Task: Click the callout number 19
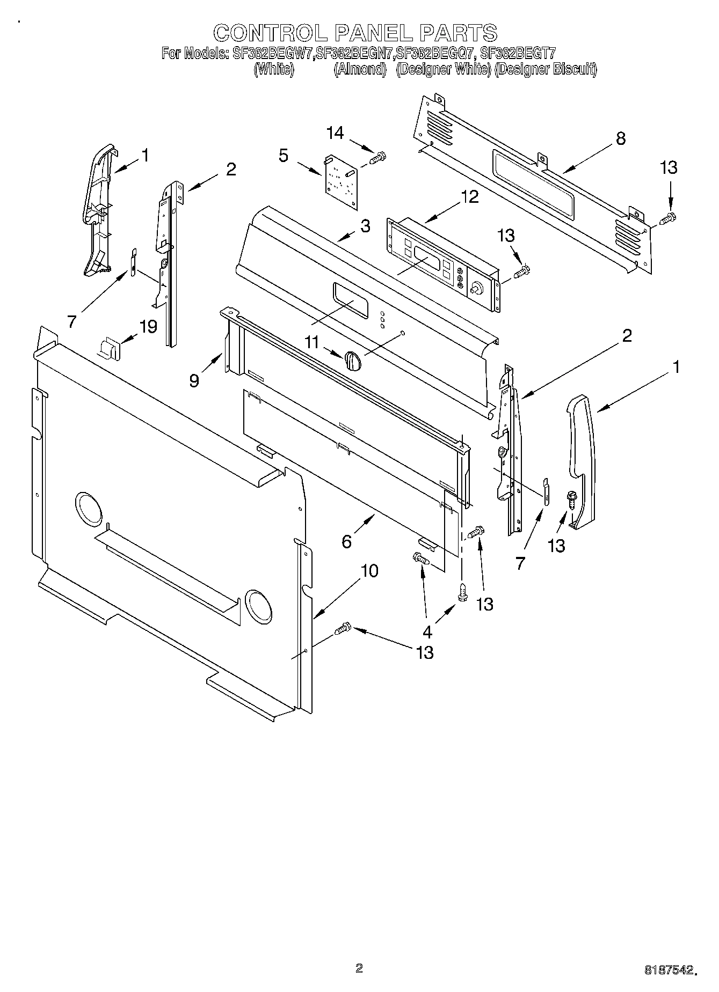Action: coord(149,326)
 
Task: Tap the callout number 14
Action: coord(335,133)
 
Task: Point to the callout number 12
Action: coord(469,197)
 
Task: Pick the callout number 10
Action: coord(369,571)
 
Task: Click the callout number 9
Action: coord(194,380)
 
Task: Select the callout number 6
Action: coord(347,541)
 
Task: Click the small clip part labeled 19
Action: coord(110,348)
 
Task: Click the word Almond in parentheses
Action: coord(360,69)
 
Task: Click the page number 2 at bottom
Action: coord(359,968)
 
